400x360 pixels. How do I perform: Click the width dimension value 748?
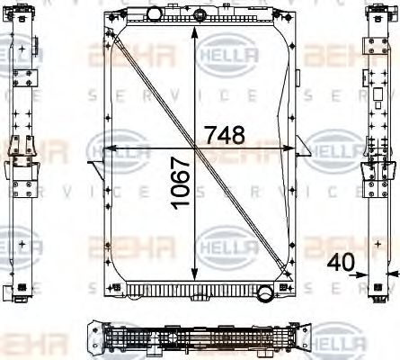click(x=225, y=135)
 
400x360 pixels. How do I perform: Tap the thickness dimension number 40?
click(x=341, y=263)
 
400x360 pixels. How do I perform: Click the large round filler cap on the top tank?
click(x=156, y=13)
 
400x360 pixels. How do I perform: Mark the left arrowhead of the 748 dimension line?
click(x=104, y=148)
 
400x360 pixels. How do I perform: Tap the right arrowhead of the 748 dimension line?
click(x=292, y=148)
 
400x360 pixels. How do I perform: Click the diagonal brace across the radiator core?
click(x=198, y=148)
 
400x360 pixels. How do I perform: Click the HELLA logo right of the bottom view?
click(x=342, y=341)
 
